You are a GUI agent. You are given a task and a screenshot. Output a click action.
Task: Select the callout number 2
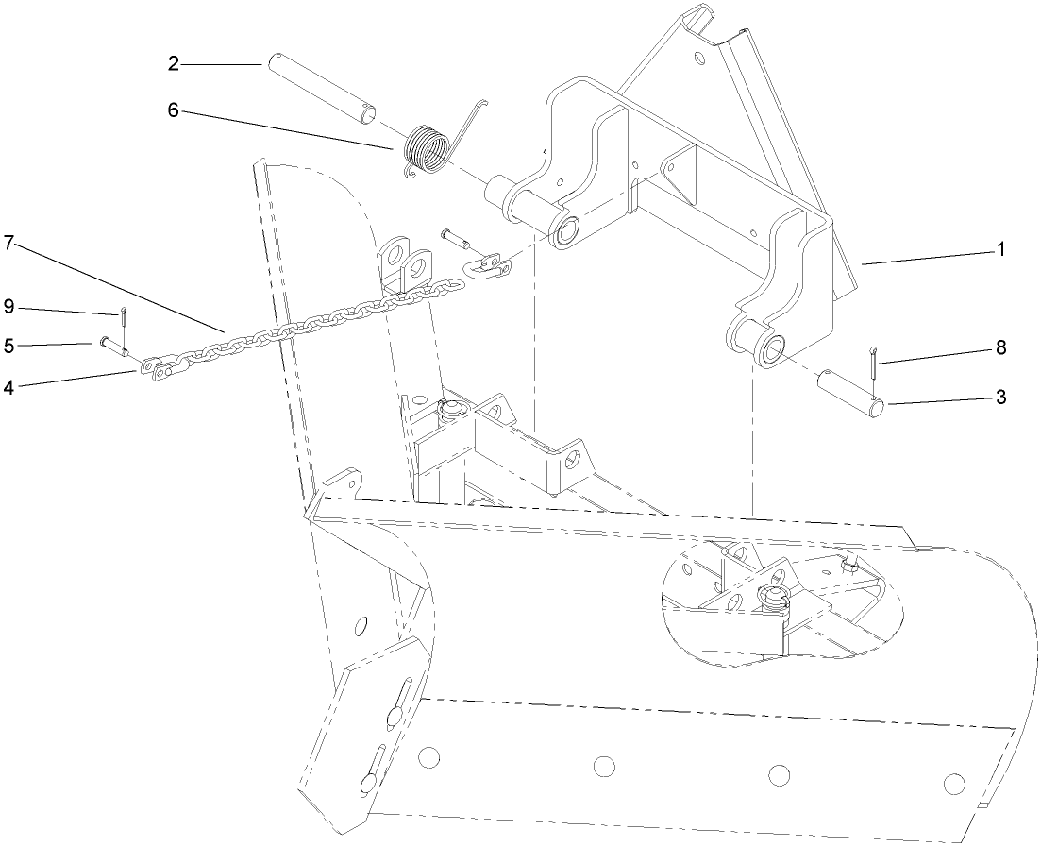click(174, 63)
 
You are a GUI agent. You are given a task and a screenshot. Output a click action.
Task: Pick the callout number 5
click(8, 346)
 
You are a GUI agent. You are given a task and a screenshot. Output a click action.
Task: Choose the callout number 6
click(174, 109)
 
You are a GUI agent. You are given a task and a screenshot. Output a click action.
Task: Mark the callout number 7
click(8, 243)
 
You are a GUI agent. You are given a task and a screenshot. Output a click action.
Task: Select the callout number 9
click(8, 306)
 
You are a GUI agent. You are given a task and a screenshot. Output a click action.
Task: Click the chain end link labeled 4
click(159, 370)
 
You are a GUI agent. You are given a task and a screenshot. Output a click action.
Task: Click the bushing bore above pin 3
click(772, 348)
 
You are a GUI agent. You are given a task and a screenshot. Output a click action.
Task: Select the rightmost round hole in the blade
click(954, 782)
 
